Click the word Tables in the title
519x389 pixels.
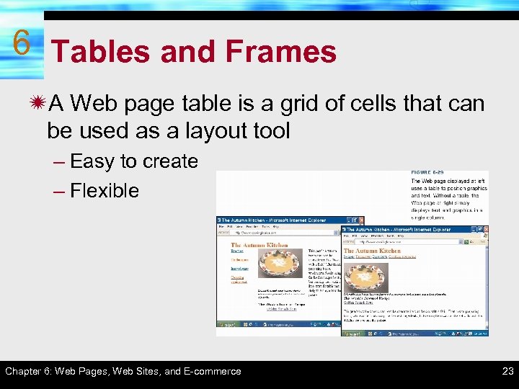(x=102, y=52)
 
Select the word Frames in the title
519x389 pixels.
(x=281, y=52)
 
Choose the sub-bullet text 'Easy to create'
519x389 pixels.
(x=134, y=161)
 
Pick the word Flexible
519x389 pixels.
(x=105, y=191)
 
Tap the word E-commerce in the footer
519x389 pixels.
(x=213, y=372)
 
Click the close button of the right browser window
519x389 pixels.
(x=484, y=230)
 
